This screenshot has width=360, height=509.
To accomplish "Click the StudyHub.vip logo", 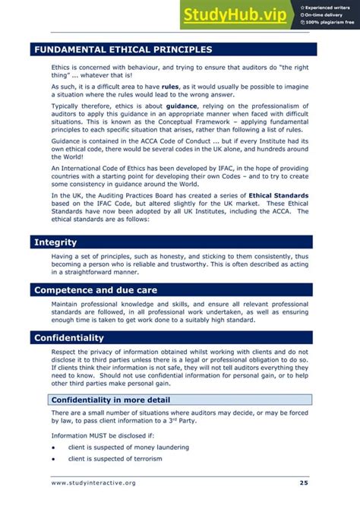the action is coord(236,14).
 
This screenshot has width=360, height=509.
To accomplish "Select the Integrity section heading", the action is coord(55,242).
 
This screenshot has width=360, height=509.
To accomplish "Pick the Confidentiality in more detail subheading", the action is coord(110,400).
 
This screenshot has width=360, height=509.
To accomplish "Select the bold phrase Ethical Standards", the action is coord(279,195).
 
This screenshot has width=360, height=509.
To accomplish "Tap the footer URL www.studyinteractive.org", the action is coord(93,482).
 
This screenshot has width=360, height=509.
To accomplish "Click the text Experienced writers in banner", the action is coord(331,7).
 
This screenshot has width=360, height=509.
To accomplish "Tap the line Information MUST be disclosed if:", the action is coord(92,435).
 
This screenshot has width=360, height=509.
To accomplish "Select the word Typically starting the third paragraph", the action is coord(66,107).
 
